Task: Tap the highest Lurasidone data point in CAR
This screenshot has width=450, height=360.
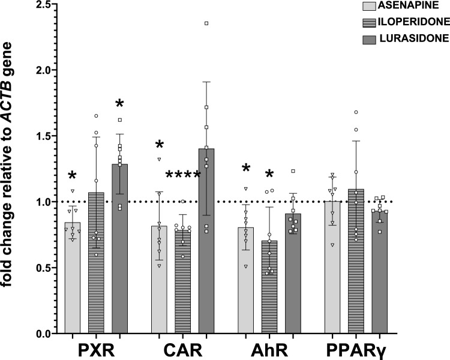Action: pyautogui.click(x=206, y=23)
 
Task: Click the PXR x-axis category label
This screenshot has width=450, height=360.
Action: pyautogui.click(x=95, y=349)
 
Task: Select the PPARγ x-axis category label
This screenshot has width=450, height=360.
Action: pyautogui.click(x=355, y=349)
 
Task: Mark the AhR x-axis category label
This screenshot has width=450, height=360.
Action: pyautogui.click(x=269, y=349)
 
